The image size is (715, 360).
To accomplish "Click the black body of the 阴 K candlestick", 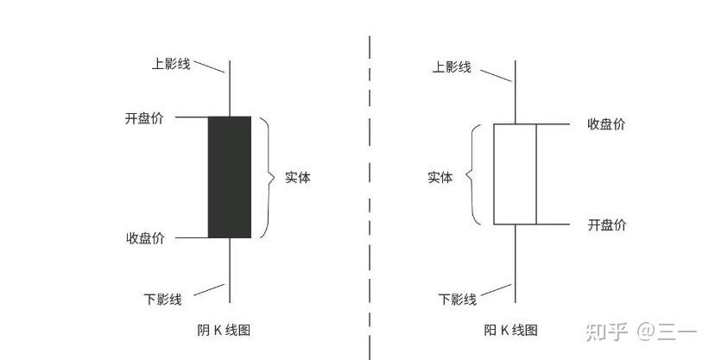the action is pos(230,177).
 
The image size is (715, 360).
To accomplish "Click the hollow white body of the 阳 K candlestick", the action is pos(515,174).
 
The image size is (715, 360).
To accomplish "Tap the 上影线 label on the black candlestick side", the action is pos(170,64).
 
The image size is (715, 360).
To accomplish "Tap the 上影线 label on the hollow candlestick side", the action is pos(452,66).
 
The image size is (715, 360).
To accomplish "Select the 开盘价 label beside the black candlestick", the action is pos(143,118).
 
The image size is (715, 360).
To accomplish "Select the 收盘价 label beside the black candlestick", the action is pos(145,238).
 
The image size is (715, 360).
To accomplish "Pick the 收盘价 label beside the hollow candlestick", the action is pos(606,124).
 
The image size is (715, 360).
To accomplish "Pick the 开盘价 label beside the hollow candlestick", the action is pos(607,225).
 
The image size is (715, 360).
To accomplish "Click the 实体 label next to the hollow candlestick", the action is pos(440,178).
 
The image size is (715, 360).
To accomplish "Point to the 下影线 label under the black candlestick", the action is pos(162,300).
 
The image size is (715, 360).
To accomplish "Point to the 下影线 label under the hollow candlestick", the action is pos(458,300).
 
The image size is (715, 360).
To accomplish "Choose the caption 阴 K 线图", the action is pos(224,330).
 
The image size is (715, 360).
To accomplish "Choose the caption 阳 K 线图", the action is pos(511,330).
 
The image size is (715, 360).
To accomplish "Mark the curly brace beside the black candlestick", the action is pos(268,177).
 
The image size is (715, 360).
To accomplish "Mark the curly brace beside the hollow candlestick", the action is pos(473,175).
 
